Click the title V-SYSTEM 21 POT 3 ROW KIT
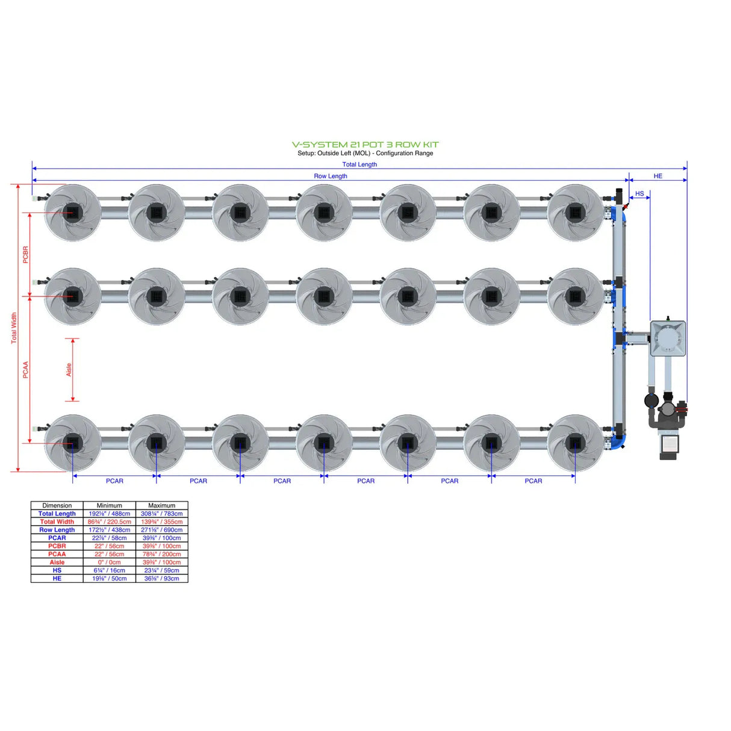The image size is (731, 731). pyautogui.click(x=365, y=145)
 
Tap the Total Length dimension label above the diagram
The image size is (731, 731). pyautogui.click(x=359, y=164)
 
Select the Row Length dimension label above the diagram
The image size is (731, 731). pyautogui.click(x=330, y=176)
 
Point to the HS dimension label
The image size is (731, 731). pyautogui.click(x=639, y=194)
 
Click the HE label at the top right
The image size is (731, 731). pyautogui.click(x=658, y=176)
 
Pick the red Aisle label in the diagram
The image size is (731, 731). pyautogui.click(x=69, y=370)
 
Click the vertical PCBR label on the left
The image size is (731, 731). pyautogui.click(x=25, y=254)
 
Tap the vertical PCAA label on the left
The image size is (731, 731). pyautogui.click(x=25, y=370)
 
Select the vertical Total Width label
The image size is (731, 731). pyautogui.click(x=14, y=328)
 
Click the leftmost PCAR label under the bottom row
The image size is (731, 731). pyautogui.click(x=114, y=481)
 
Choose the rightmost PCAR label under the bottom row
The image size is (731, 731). pyautogui.click(x=533, y=481)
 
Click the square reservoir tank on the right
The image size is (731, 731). pyautogui.click(x=668, y=338)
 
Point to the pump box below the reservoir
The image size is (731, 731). pyautogui.click(x=668, y=444)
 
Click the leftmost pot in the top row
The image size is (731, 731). pyautogui.click(x=73, y=213)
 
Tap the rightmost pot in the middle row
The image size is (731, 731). pyautogui.click(x=575, y=296)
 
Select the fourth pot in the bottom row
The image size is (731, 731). pyautogui.click(x=324, y=443)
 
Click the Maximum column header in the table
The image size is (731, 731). pyautogui.click(x=161, y=506)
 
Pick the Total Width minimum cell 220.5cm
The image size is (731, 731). pyautogui.click(x=109, y=522)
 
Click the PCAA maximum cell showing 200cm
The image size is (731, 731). pyautogui.click(x=161, y=554)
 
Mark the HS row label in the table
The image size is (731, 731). pyautogui.click(x=57, y=570)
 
